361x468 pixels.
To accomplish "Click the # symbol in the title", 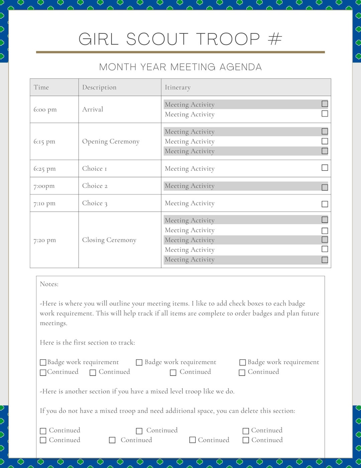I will (275, 39).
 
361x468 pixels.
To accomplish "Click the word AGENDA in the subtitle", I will (240, 67).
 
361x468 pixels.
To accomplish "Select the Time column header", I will (41, 87).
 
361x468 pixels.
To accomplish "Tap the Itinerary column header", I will (177, 87).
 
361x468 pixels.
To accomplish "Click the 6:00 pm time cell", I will (45, 109).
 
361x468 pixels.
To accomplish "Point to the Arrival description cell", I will (93, 109).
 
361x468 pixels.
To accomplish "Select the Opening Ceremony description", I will (111, 142).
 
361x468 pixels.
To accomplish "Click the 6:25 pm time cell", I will (44, 169).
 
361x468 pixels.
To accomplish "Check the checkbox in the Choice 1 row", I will (325, 168).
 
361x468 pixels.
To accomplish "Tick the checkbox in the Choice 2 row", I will (325, 187).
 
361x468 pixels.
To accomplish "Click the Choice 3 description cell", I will (95, 203).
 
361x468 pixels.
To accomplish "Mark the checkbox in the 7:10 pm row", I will (325, 204).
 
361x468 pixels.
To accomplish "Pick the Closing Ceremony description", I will (109, 240).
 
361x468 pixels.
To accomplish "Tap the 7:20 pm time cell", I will (44, 240).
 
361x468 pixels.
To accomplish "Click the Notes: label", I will (49, 284).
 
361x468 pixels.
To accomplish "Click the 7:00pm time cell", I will (44, 186).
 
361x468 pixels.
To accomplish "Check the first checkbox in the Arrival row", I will (325, 104).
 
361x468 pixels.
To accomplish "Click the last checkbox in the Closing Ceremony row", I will (325, 260).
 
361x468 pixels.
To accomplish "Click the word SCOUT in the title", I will (157, 39).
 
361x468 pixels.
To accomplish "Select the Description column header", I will (99, 87).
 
